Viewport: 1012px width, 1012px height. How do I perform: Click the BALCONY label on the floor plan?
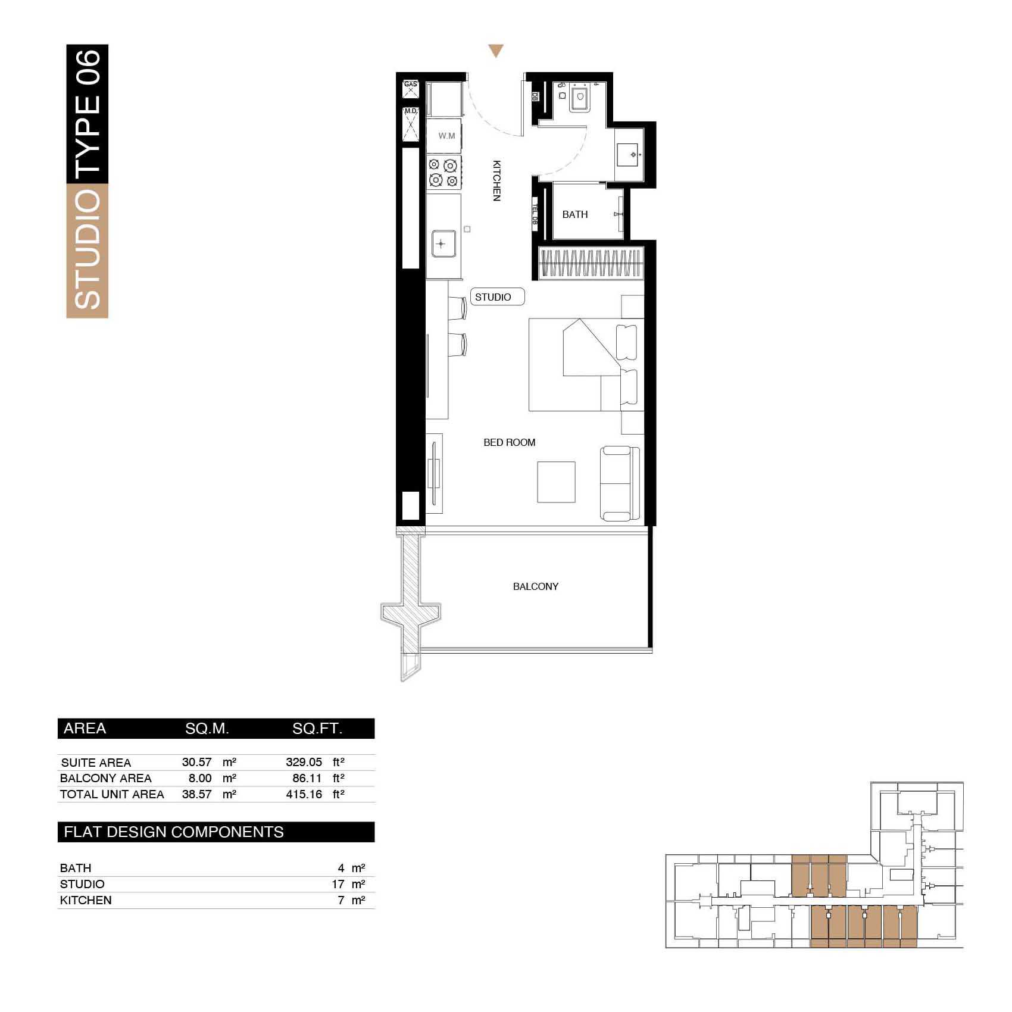[536, 586]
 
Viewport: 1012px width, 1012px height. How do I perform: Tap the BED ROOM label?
[510, 442]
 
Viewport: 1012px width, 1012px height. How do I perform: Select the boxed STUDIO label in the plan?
[498, 296]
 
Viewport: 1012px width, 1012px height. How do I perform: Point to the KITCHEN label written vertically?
[496, 180]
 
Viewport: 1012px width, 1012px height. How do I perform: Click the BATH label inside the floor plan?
[575, 214]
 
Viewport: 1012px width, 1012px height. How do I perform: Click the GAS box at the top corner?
[411, 88]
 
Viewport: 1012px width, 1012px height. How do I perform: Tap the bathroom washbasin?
[629, 155]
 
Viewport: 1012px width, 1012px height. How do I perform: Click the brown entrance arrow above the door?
[496, 51]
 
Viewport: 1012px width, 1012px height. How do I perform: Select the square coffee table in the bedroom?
[557, 482]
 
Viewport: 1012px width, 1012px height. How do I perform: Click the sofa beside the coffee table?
[620, 483]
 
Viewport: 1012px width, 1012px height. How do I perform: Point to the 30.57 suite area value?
[197, 762]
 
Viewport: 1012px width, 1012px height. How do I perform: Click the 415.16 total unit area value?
[304, 794]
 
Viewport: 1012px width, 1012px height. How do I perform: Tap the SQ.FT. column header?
[317, 729]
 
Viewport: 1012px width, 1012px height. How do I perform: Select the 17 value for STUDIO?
[338, 884]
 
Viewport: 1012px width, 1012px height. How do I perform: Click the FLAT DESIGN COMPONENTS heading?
[174, 832]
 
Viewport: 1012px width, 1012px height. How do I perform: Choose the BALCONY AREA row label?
[106, 778]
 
